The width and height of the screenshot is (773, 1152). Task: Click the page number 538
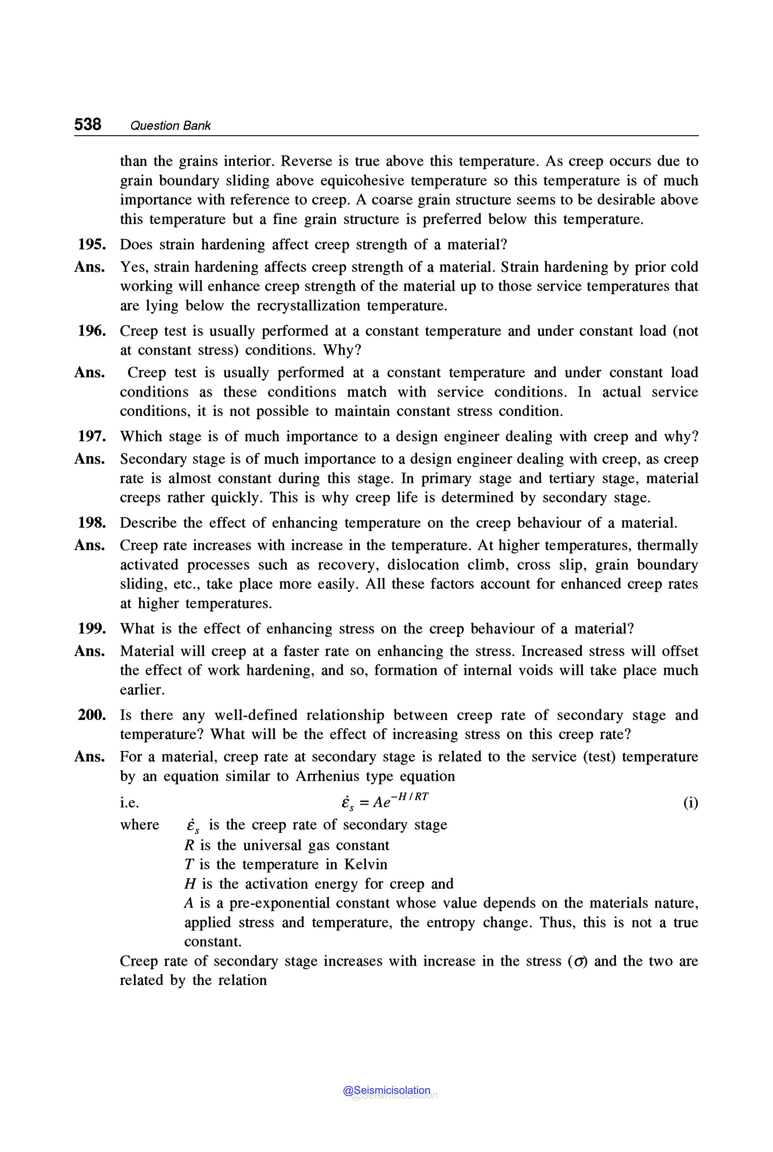88,124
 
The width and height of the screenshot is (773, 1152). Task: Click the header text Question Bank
170,126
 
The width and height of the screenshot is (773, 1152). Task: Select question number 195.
92,245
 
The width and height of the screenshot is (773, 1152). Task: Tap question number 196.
92,331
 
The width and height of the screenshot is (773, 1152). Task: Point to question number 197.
92,437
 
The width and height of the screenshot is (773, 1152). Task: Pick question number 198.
92,523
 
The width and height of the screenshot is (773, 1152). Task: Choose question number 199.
92,629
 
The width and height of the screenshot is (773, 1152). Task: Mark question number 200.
92,715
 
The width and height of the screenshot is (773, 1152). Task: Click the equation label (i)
690,803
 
